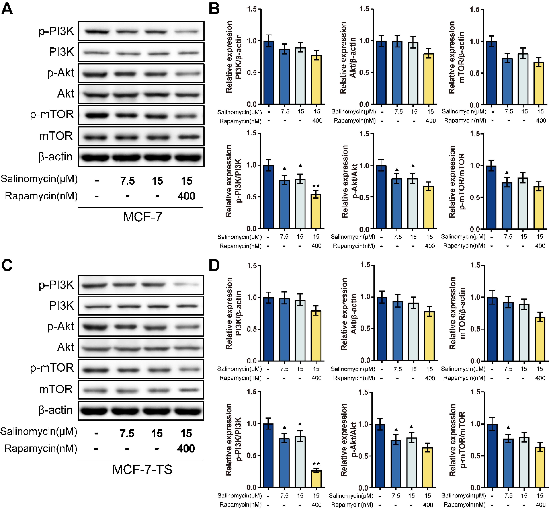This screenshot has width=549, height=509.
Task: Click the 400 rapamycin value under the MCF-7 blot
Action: click(x=186, y=196)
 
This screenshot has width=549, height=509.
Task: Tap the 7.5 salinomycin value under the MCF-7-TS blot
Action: click(x=127, y=434)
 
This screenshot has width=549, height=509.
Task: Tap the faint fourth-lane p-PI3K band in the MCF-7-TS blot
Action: click(x=187, y=285)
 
